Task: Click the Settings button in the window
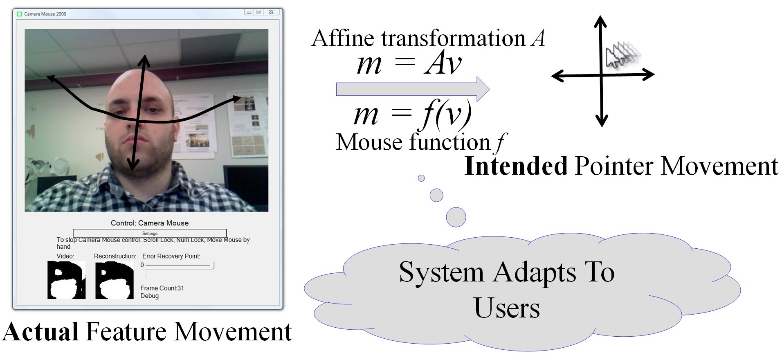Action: (150, 233)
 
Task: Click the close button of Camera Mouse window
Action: (271, 12)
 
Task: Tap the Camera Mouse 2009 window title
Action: (45, 14)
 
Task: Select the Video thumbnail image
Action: (66, 280)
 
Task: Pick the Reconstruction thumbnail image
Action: (115, 280)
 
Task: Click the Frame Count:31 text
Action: (162, 288)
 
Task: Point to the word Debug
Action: (149, 296)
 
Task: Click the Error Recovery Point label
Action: (171, 256)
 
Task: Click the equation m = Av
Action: (409, 64)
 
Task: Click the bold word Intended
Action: (516, 166)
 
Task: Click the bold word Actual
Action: (41, 331)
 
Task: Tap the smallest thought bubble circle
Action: (421, 178)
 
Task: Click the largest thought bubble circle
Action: (456, 217)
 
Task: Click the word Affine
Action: (343, 38)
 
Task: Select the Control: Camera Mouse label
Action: (150, 223)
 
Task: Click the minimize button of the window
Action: (249, 12)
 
